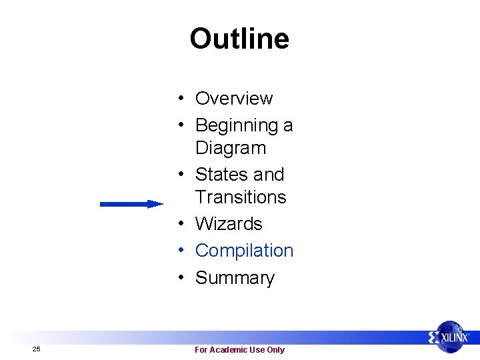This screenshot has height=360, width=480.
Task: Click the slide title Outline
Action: pos(239,39)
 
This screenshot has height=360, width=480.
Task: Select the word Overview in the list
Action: pos(233,99)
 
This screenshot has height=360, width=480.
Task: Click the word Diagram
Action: pos(230,148)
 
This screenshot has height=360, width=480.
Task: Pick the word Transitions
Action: pos(240,197)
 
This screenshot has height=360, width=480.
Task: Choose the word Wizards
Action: pos(229,224)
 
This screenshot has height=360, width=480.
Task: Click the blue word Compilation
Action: pos(244,251)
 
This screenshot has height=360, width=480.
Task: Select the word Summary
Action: pos(235,278)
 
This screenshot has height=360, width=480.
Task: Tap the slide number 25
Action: pos(36,349)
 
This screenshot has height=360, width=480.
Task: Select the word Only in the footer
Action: pos(275,350)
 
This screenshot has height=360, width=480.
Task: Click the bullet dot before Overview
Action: pos(181,99)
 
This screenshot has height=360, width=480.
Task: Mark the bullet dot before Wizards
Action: pos(181,224)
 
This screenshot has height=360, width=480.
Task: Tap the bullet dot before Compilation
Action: pos(181,251)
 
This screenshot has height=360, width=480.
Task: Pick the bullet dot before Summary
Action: pos(181,278)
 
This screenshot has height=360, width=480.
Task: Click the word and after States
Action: pos(269,175)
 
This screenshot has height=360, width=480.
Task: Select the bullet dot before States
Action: pos(181,175)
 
